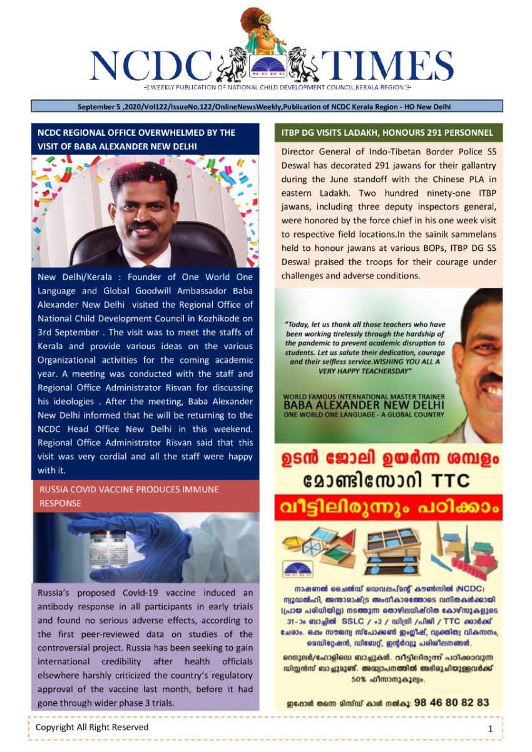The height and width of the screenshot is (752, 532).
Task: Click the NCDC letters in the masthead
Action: [x=150, y=64]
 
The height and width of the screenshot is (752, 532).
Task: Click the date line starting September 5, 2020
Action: [x=263, y=106]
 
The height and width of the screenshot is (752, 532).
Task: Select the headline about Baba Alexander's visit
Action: [x=136, y=139]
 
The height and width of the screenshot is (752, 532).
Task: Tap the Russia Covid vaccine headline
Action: [x=129, y=496]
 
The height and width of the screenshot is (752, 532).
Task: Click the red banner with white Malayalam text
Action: [x=388, y=507]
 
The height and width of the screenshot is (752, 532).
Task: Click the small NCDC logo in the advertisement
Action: [x=294, y=569]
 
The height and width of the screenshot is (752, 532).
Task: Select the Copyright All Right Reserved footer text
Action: [x=92, y=727]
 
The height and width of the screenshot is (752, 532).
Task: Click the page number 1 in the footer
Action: [x=491, y=728]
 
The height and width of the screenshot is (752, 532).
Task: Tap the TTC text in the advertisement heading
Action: [x=446, y=481]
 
